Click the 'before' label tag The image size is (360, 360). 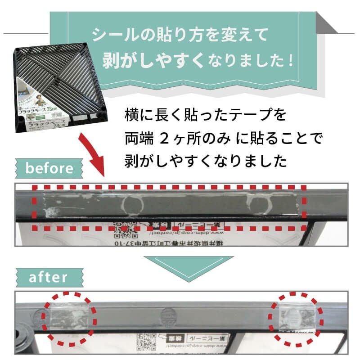point(49,169)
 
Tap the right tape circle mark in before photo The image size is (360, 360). point(261,204)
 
